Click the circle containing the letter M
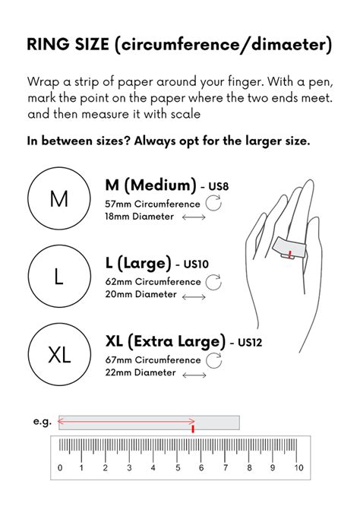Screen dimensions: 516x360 pyautogui.click(x=59, y=199)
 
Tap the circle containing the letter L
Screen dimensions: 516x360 pyautogui.click(x=59, y=277)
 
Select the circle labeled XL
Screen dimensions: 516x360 pyautogui.click(x=59, y=354)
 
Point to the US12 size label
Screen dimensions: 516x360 pyautogui.click(x=249, y=343)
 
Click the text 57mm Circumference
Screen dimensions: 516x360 pyautogui.click(x=153, y=204)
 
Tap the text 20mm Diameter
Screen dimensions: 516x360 pyautogui.click(x=141, y=295)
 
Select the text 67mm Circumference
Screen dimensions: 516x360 pyautogui.click(x=153, y=359)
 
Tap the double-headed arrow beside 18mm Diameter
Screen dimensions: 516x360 pyautogui.click(x=194, y=217)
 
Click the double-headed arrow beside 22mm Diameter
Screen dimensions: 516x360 pyautogui.click(x=194, y=373)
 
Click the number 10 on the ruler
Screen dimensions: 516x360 pyautogui.click(x=298, y=467)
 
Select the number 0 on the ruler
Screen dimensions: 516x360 pyautogui.click(x=61, y=467)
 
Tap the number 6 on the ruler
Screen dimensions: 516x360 pyautogui.click(x=202, y=467)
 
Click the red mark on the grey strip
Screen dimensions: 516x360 pyautogui.click(x=194, y=429)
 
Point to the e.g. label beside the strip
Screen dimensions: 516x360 pyautogui.click(x=42, y=421)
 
